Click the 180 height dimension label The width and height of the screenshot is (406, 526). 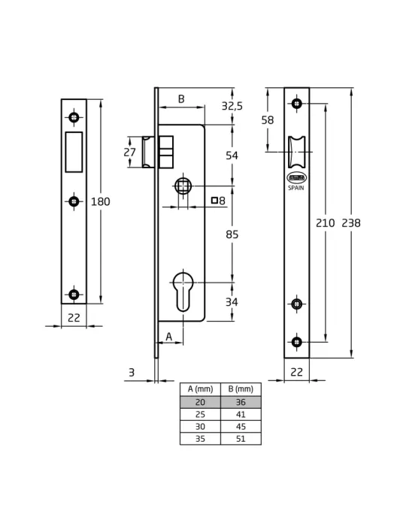pos(100,201)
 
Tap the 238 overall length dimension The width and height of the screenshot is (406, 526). pos(351,223)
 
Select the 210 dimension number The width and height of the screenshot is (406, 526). pos(325,223)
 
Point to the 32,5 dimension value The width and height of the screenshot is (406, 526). pos(232,106)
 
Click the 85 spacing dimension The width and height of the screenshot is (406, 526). pos(232,234)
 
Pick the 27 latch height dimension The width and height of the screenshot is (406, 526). pos(129,153)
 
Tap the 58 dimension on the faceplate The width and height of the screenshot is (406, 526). pos(268,120)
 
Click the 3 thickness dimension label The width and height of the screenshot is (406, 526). pos(132,373)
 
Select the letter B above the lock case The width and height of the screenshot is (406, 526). pos(181,99)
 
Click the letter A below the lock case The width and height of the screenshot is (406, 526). pos(168,337)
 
